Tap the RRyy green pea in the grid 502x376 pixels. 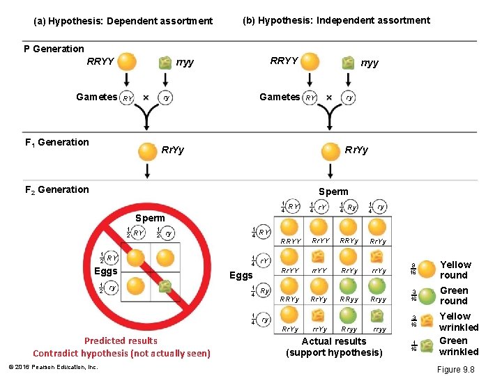tap(349, 285)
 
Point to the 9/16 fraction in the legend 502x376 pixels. tap(414, 269)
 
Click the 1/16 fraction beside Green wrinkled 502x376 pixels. tap(414, 346)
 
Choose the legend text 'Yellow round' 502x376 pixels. tap(455, 269)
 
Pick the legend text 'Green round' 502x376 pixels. tap(454, 295)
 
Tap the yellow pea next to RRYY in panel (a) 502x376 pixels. tap(127, 62)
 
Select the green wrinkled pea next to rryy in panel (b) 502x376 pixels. tap(348, 62)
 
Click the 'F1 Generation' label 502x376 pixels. tap(56, 142)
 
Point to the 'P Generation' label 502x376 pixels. tap(54, 49)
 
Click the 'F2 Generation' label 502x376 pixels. tap(56, 189)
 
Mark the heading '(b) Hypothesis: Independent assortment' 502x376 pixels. tap(336, 20)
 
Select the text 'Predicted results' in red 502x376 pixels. tap(121, 340)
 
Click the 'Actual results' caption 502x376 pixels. tap(333, 341)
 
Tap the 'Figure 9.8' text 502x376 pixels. tap(455, 369)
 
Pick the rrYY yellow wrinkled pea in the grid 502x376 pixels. tap(319, 256)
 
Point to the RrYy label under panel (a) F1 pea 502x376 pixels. tap(173, 150)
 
